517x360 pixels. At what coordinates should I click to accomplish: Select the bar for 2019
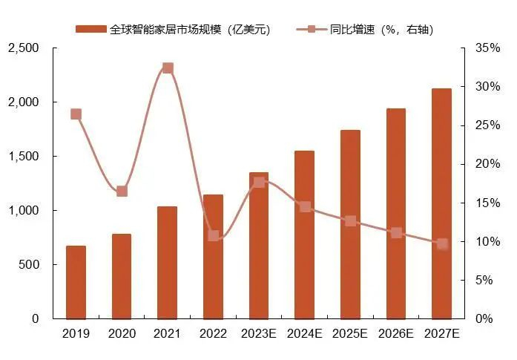pos(76,282)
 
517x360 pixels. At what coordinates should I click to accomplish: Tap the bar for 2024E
pos(304,235)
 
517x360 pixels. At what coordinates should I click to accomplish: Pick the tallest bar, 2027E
pos(442,203)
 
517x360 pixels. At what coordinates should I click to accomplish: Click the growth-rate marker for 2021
pos(168,68)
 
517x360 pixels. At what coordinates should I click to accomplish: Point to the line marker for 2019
pos(76,114)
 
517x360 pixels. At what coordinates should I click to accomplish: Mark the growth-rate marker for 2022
pos(214,235)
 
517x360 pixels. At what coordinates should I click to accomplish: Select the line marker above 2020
pos(122,191)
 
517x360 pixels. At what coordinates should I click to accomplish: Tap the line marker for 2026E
pos(396,232)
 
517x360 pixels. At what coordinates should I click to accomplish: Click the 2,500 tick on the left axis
pos(24,48)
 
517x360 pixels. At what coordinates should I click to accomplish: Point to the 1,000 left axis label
pos(24,211)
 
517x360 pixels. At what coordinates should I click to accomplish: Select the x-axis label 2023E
pos(258,334)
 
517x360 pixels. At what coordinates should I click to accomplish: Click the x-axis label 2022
pos(214,334)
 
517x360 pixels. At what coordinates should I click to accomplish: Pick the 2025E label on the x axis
pos(350,334)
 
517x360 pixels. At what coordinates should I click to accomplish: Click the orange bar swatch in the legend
pos(91,30)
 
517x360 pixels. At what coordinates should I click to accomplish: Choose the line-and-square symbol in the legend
pos(312,30)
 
